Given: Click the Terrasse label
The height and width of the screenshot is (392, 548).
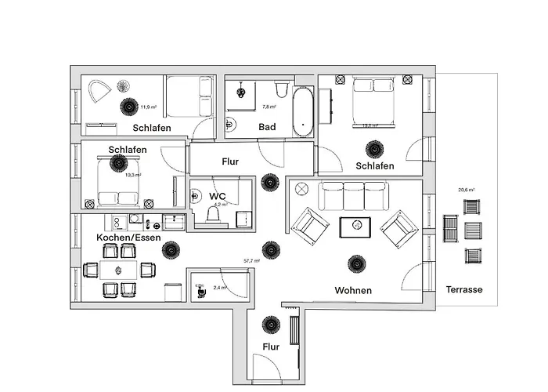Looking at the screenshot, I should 464,289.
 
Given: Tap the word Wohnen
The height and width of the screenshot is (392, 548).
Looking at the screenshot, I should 353,290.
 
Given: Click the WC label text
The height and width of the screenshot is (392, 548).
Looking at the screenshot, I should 217,196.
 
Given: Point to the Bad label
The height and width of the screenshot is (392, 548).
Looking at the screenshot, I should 267,126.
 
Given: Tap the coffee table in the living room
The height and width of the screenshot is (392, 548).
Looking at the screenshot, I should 355,227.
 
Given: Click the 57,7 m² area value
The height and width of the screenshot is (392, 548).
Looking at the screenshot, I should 252,260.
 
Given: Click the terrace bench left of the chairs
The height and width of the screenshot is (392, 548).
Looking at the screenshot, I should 452,230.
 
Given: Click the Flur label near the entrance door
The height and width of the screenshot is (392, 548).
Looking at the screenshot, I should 271,345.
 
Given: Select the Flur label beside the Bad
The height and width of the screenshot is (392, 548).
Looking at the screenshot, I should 229,162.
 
